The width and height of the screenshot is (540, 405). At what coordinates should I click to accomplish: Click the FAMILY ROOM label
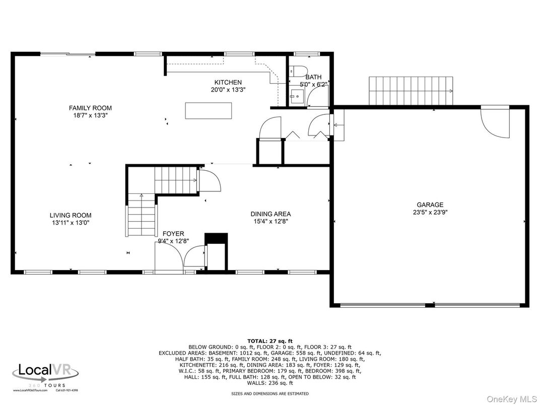90,108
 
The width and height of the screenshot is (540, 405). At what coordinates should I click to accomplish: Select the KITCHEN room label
228,82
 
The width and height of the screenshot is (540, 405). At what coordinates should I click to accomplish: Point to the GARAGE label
430,205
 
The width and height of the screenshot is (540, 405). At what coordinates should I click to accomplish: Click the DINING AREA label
271,214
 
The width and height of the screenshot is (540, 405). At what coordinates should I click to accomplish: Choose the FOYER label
173,234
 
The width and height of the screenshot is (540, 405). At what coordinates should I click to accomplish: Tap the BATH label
313,77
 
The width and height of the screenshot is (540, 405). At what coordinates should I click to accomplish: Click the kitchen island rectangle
209,110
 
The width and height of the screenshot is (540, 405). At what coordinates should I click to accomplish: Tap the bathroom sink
297,95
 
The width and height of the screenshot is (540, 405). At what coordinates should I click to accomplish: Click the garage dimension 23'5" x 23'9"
430,212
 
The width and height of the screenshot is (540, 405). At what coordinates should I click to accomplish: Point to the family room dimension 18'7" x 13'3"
90,115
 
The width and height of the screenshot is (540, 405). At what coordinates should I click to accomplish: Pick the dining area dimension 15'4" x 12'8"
271,221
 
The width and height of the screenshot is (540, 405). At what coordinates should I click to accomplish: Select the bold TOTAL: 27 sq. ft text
269,341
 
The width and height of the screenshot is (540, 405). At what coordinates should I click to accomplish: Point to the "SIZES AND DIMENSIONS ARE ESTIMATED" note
269,393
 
